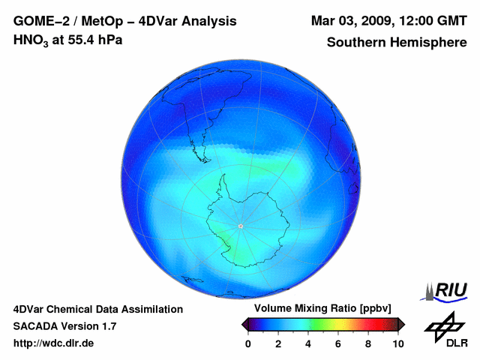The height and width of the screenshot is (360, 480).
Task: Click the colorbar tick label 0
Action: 248,343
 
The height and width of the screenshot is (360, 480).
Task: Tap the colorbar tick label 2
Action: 278,343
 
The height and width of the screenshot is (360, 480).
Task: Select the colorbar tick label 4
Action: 308,343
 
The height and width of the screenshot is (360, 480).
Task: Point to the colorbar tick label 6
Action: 338,343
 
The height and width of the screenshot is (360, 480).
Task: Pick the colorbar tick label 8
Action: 368,343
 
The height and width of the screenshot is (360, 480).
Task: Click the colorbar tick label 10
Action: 397,343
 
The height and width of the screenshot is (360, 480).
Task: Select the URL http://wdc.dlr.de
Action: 54,343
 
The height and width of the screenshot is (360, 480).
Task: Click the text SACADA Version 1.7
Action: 64,326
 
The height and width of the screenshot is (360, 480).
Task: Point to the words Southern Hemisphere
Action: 397,43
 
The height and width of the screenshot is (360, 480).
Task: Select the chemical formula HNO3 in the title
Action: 32,40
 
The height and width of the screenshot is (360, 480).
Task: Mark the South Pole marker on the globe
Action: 240,226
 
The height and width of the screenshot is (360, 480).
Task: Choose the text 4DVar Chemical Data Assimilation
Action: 97,309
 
